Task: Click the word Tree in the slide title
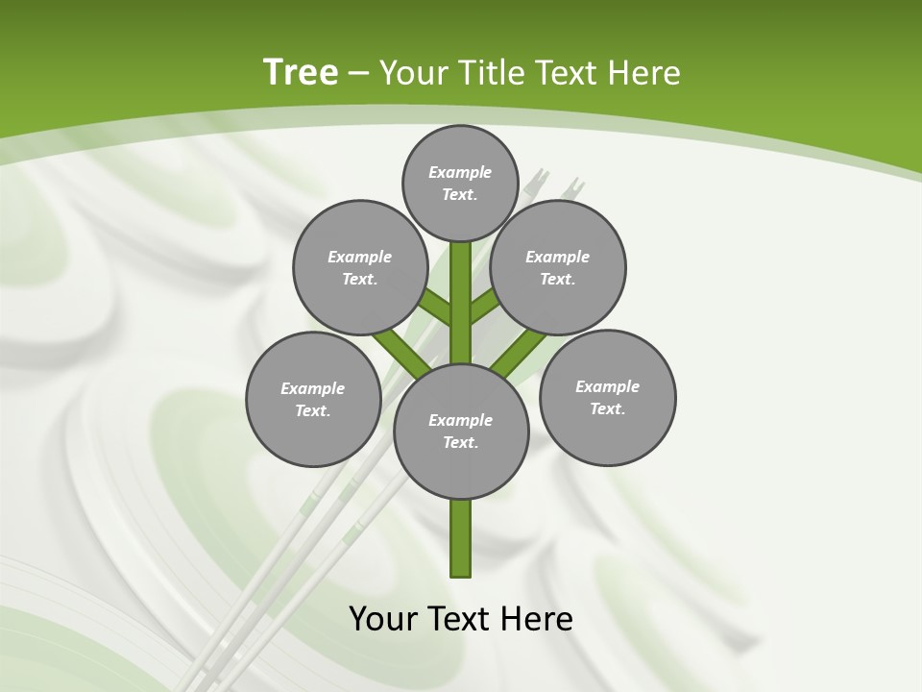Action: [301, 72]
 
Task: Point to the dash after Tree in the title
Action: [359, 74]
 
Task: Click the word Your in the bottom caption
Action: [383, 619]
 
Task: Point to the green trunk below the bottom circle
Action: [460, 538]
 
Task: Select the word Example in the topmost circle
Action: [460, 172]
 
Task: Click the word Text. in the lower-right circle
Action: [607, 408]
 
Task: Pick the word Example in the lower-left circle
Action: [312, 388]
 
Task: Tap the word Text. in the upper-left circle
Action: [360, 279]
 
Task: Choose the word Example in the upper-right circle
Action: [557, 257]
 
